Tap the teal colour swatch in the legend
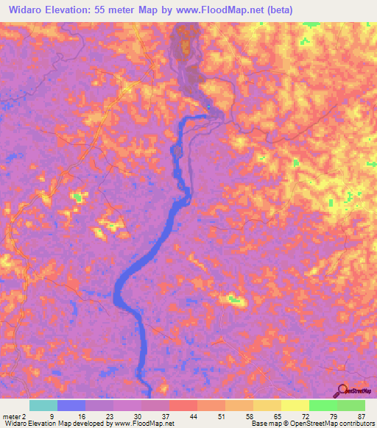43,405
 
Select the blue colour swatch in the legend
71,405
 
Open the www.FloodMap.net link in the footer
144,423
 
